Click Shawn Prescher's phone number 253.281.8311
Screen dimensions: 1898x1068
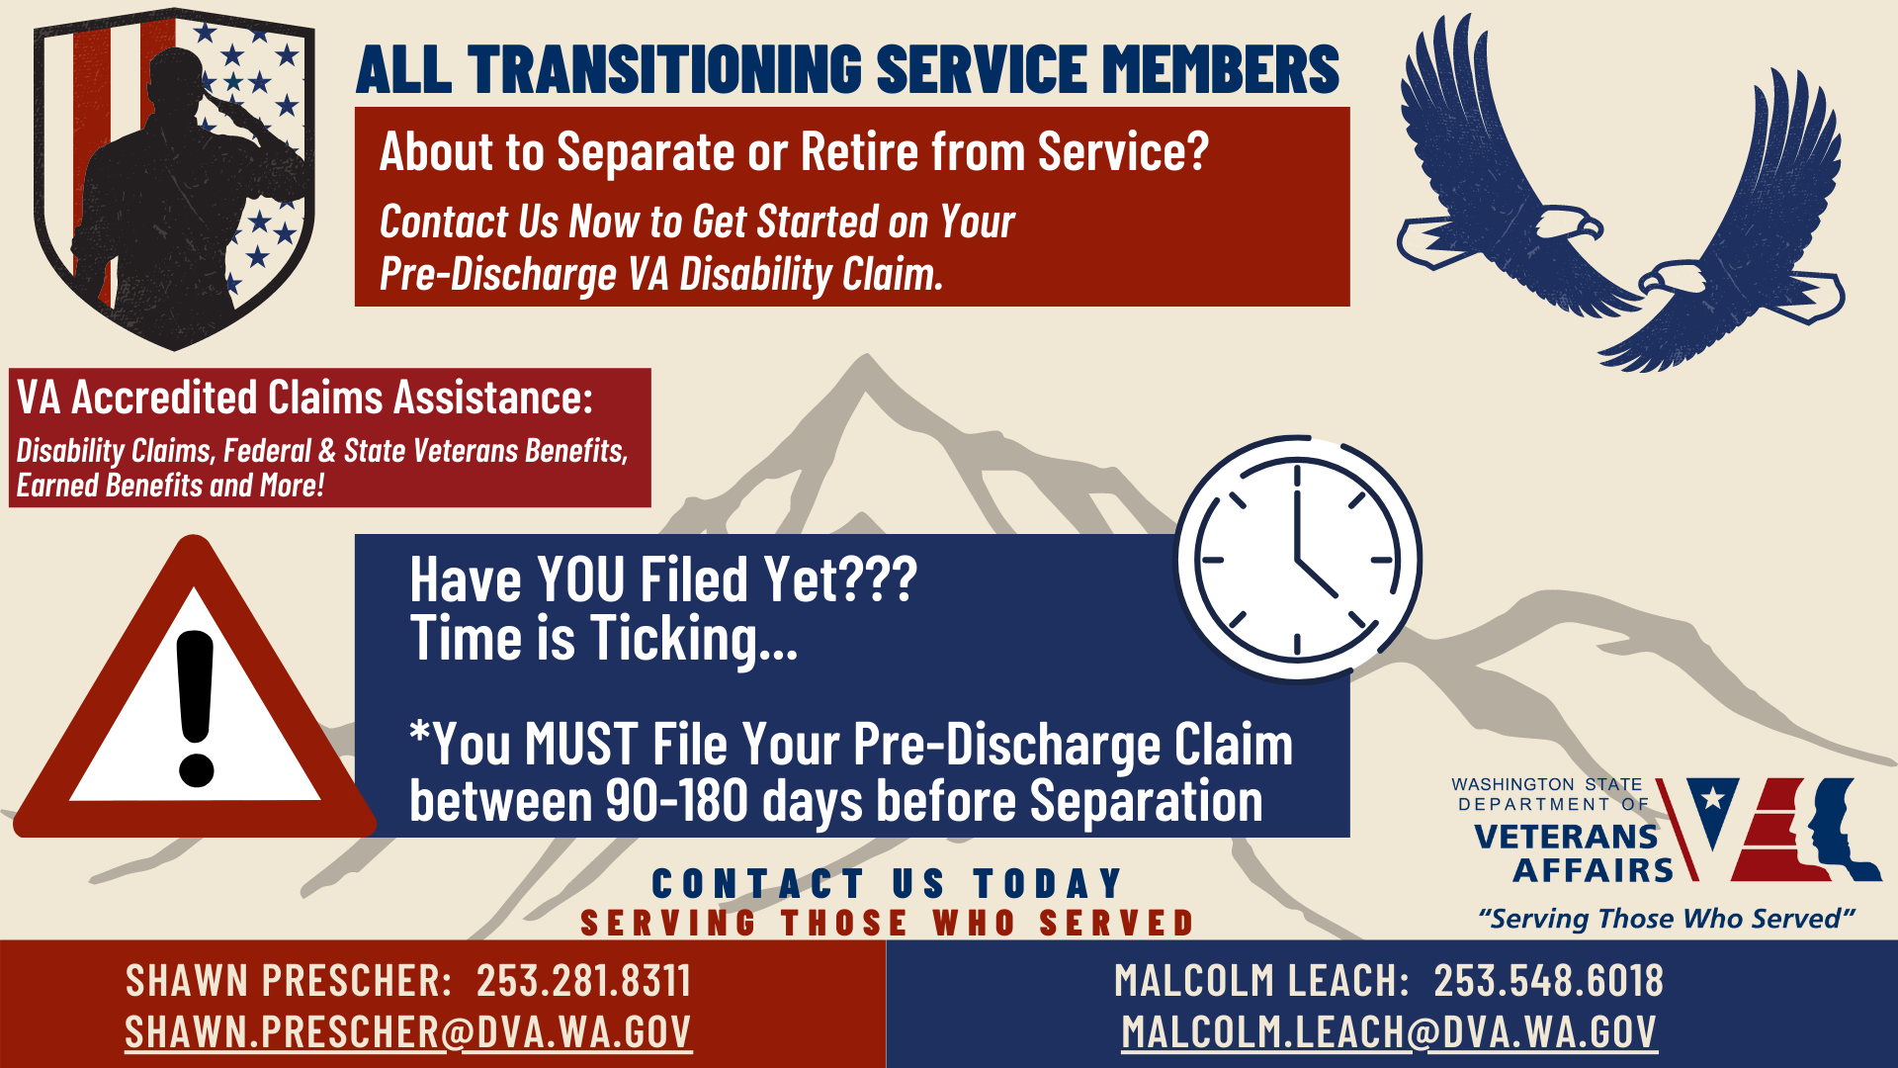tap(583, 981)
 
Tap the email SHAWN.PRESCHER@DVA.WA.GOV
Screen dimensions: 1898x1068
tap(408, 1032)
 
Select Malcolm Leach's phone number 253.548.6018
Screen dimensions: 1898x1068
tap(1548, 981)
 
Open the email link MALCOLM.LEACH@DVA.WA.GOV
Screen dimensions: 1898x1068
tap(1389, 1032)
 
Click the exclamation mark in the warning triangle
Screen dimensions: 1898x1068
tap(195, 708)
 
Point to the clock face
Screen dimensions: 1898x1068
tap(1298, 560)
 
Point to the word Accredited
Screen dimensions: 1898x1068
tap(164, 398)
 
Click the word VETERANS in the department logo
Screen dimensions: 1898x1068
tap(1566, 837)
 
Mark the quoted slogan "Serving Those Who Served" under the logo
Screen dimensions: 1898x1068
tap(1667, 919)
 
